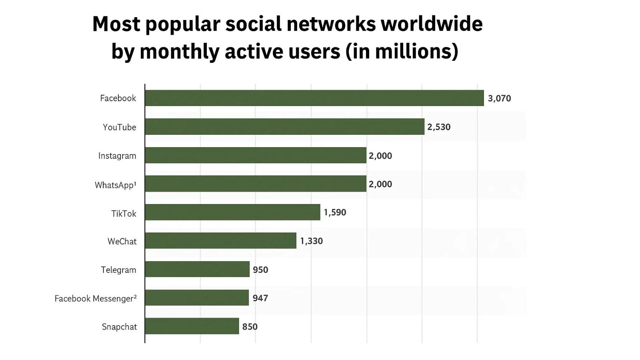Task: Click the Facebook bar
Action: coord(314,98)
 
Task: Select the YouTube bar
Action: coord(284,127)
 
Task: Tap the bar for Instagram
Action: coord(255,155)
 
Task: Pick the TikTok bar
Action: coord(232,212)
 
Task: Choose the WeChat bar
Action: coord(220,241)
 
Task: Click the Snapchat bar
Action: coord(192,326)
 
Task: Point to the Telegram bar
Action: coord(197,269)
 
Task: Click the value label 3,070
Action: coord(499,98)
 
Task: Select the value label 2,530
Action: coord(439,127)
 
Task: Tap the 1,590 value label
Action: coord(335,212)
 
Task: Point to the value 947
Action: coord(260,298)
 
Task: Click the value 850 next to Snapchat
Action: coord(250,327)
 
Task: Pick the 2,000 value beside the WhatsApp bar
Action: coord(380,184)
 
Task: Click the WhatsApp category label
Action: coord(115,185)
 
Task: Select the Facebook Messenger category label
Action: coord(96,298)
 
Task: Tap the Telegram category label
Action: coord(118,270)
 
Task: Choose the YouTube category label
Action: coord(119,127)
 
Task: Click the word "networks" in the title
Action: coord(331,24)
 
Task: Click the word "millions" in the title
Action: coord(414,52)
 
